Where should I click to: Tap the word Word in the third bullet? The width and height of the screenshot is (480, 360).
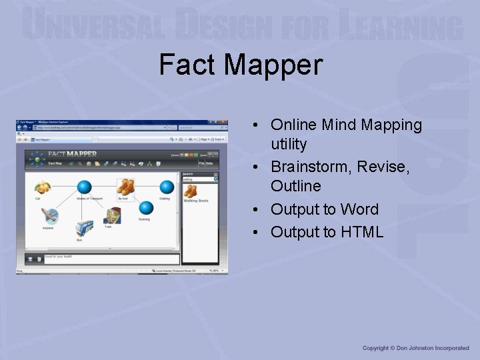359,209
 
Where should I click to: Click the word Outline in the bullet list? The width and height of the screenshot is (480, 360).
296,186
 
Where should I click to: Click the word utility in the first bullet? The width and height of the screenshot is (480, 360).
289,144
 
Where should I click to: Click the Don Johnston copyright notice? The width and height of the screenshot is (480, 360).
415,348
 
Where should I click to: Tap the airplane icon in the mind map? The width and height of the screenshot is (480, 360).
49,216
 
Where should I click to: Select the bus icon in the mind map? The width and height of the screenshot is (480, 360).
83,229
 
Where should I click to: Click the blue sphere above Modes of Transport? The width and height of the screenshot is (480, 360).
84,187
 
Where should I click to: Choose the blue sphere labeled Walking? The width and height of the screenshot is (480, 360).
165,187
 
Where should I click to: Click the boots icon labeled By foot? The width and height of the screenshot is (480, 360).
125,187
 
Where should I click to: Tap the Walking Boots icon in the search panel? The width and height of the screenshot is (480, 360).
191,191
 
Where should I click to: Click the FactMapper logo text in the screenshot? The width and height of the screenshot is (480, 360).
72,155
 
